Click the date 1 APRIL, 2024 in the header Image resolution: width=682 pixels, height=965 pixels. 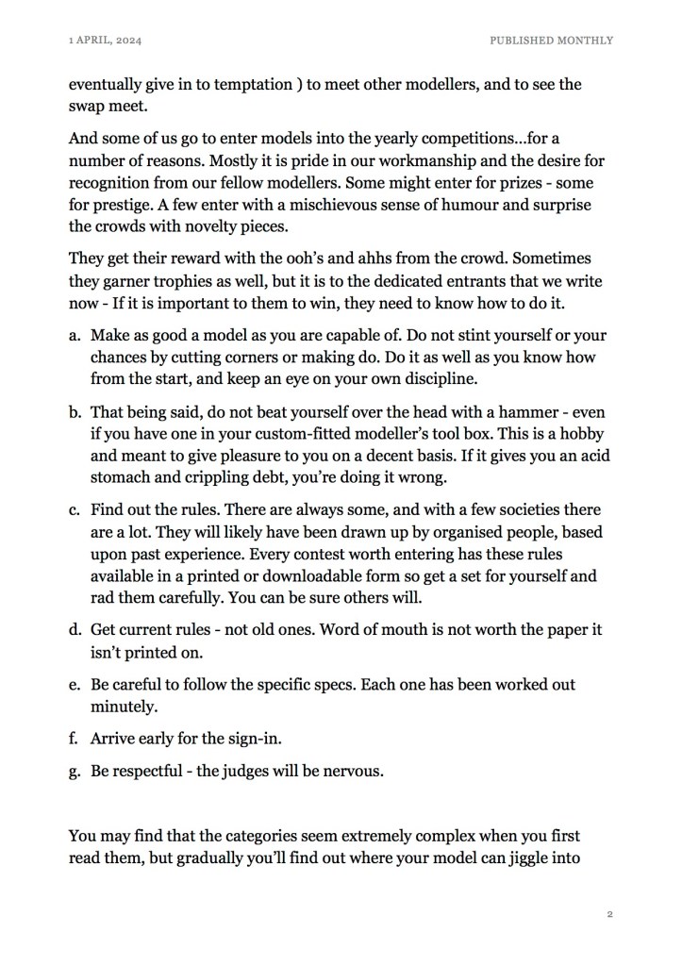[x=105, y=41]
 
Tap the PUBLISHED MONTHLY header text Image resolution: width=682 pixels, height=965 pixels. [x=551, y=41]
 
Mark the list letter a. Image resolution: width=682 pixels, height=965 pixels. [x=74, y=336]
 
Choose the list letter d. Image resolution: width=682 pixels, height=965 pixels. [x=74, y=630]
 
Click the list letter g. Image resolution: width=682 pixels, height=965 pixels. [x=74, y=772]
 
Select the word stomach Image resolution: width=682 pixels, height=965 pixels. [x=123, y=474]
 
